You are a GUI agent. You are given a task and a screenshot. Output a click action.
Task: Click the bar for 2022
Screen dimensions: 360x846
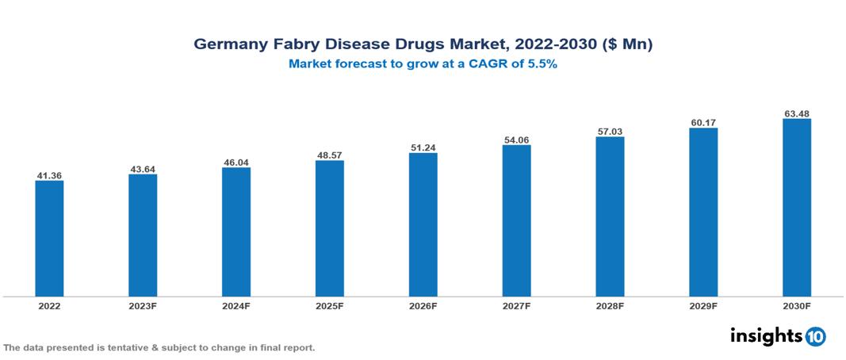(x=49, y=238)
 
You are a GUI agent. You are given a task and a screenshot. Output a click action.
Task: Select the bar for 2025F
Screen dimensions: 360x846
(x=329, y=228)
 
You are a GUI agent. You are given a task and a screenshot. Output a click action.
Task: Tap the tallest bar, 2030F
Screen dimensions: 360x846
(x=796, y=208)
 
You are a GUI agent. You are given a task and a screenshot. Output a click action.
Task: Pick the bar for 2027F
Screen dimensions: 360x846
(x=516, y=220)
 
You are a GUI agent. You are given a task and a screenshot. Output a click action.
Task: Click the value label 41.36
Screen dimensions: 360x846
(x=49, y=174)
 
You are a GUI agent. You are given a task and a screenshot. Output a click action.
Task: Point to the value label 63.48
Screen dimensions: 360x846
(x=796, y=113)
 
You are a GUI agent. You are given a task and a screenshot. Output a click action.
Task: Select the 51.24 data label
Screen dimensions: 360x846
(x=423, y=147)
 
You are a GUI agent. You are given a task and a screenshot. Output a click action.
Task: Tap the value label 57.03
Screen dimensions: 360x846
(x=610, y=131)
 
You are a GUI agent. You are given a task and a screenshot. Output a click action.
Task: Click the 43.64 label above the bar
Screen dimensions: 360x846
(x=143, y=168)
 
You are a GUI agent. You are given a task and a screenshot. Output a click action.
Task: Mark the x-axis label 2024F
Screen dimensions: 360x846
(x=236, y=306)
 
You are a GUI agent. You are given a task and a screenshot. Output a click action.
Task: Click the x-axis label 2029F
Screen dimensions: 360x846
(x=702, y=306)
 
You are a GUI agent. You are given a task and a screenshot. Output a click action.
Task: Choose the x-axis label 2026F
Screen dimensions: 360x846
(x=423, y=306)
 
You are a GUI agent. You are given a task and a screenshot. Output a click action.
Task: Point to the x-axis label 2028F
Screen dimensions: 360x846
(x=610, y=306)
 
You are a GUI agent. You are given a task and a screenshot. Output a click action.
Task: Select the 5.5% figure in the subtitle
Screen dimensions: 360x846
(x=542, y=65)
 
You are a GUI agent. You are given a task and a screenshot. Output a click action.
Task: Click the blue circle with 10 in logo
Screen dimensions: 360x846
(x=815, y=336)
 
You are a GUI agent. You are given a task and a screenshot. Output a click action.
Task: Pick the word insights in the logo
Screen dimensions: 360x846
(x=766, y=335)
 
